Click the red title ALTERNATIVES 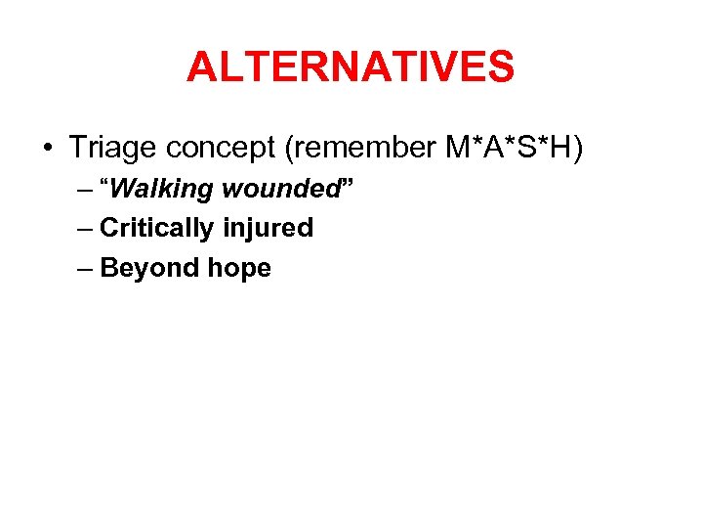click(x=351, y=67)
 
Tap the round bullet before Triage click(x=47, y=149)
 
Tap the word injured click(x=267, y=229)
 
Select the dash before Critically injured click(x=83, y=229)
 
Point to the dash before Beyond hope click(x=83, y=269)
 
